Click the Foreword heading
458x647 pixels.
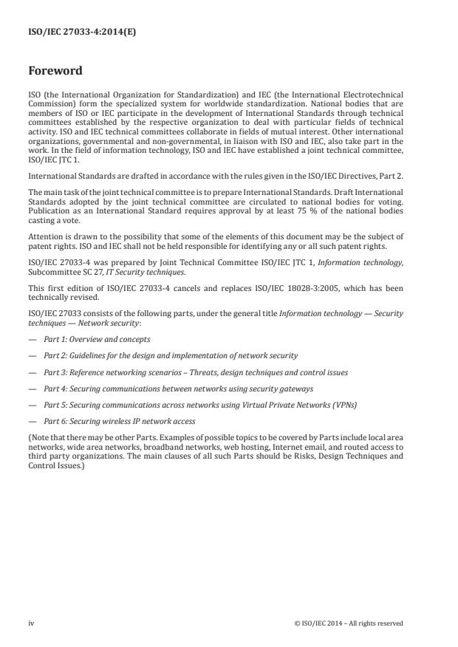click(x=55, y=72)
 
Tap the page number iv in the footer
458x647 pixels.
click(x=31, y=623)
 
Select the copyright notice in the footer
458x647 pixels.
click(x=348, y=623)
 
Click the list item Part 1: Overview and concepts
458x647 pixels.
click(x=97, y=339)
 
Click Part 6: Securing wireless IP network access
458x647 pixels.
click(x=120, y=421)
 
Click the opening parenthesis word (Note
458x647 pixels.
click(x=37, y=437)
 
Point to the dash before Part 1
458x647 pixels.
click(x=32, y=339)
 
